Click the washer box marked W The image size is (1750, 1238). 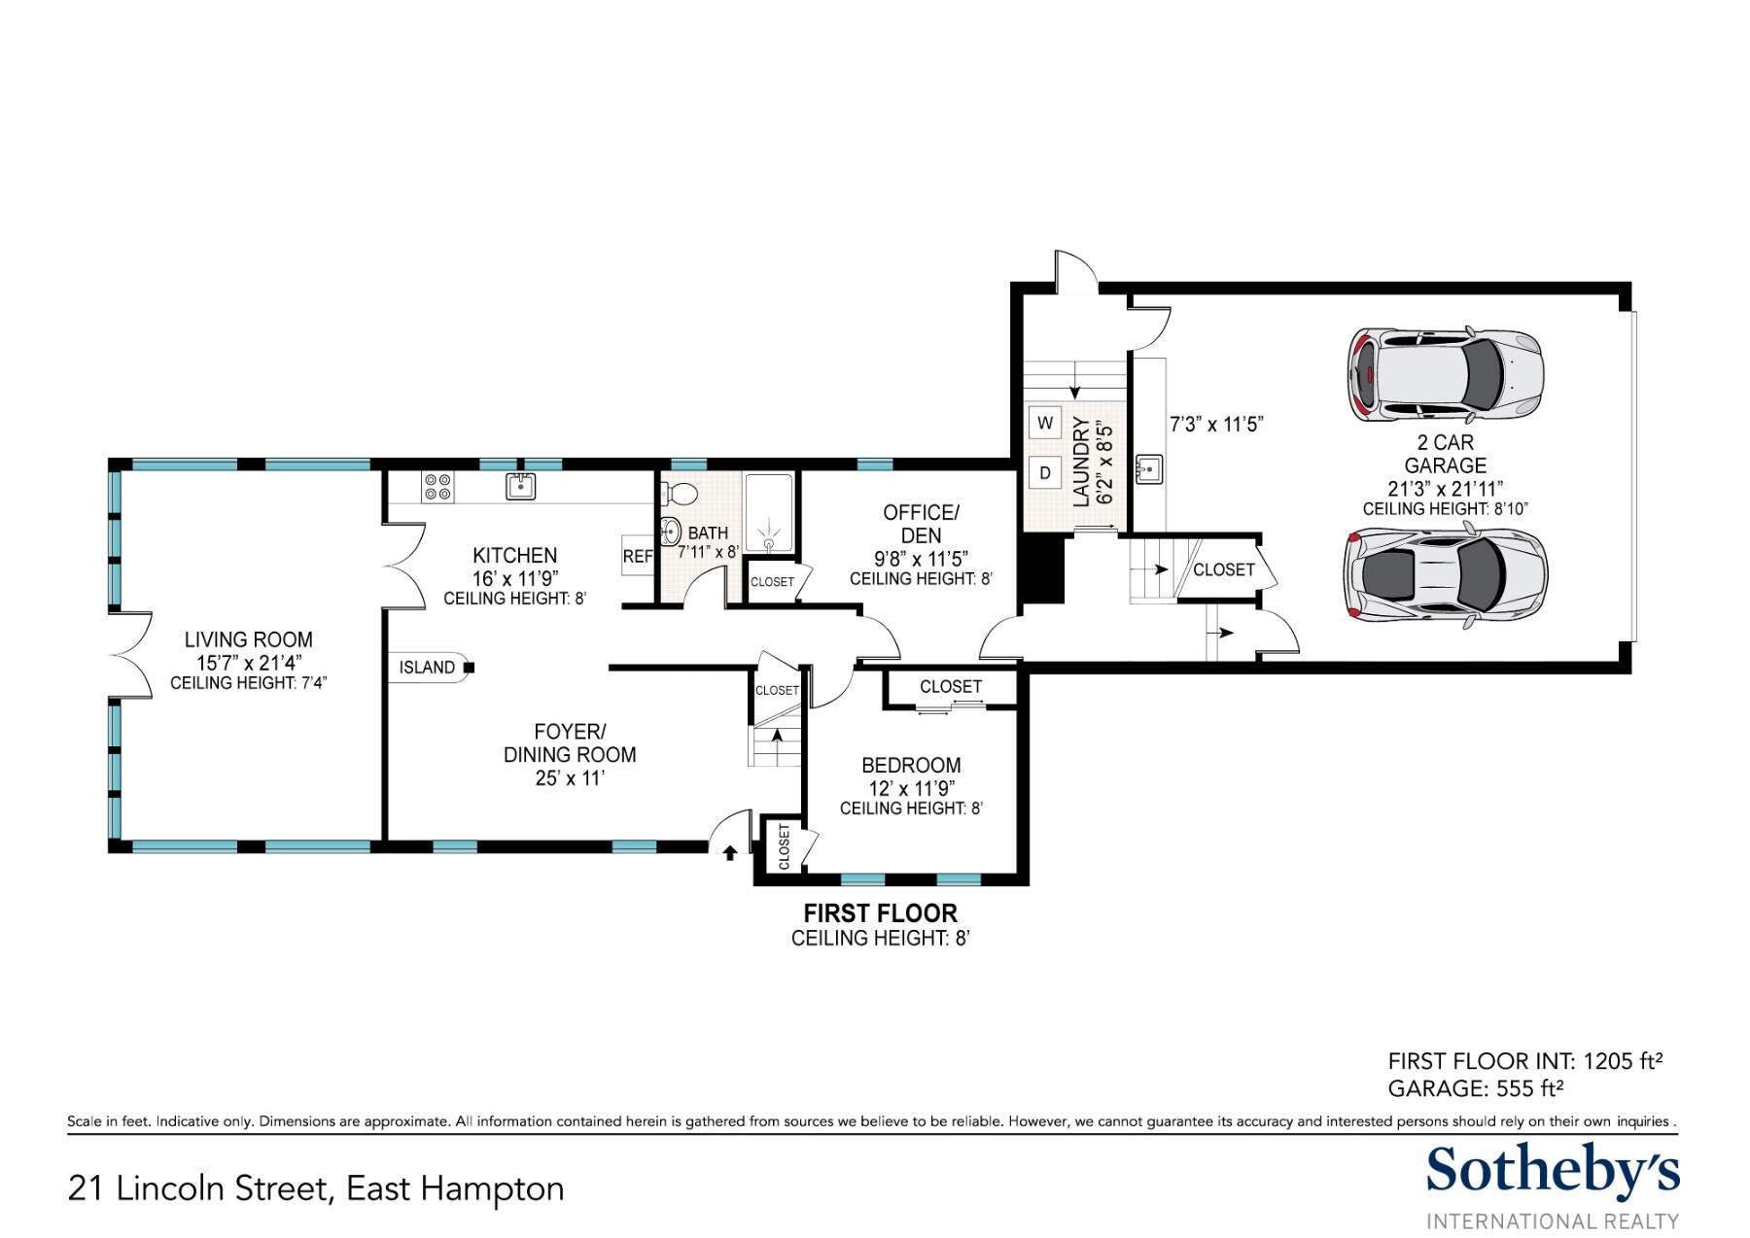click(1045, 423)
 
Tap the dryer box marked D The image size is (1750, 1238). click(1045, 473)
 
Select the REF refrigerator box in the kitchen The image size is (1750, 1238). click(638, 556)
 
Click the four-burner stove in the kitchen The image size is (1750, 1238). click(437, 487)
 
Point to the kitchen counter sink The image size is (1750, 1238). click(521, 486)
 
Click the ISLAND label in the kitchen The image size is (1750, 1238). click(427, 668)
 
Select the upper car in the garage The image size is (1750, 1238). click(1445, 375)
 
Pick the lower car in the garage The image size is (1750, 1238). click(1446, 574)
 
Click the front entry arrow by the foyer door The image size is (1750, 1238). click(730, 853)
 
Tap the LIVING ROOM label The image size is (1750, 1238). click(249, 639)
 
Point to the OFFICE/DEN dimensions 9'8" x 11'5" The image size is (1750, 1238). click(921, 559)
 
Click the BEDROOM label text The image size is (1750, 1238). click(911, 766)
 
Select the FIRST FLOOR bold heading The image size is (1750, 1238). click(881, 913)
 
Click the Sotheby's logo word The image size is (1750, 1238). click(1553, 1172)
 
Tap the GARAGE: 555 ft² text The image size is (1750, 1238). click(1476, 1088)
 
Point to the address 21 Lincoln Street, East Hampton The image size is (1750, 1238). click(316, 1188)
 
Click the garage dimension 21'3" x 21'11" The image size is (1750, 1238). click(1446, 489)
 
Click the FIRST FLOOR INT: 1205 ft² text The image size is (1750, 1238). click(1525, 1061)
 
